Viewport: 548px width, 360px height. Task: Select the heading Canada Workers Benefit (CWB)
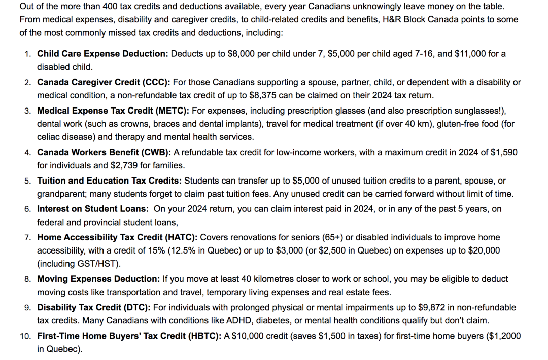104,152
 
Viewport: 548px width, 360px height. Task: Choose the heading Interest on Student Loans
93,209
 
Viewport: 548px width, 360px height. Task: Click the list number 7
28,237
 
